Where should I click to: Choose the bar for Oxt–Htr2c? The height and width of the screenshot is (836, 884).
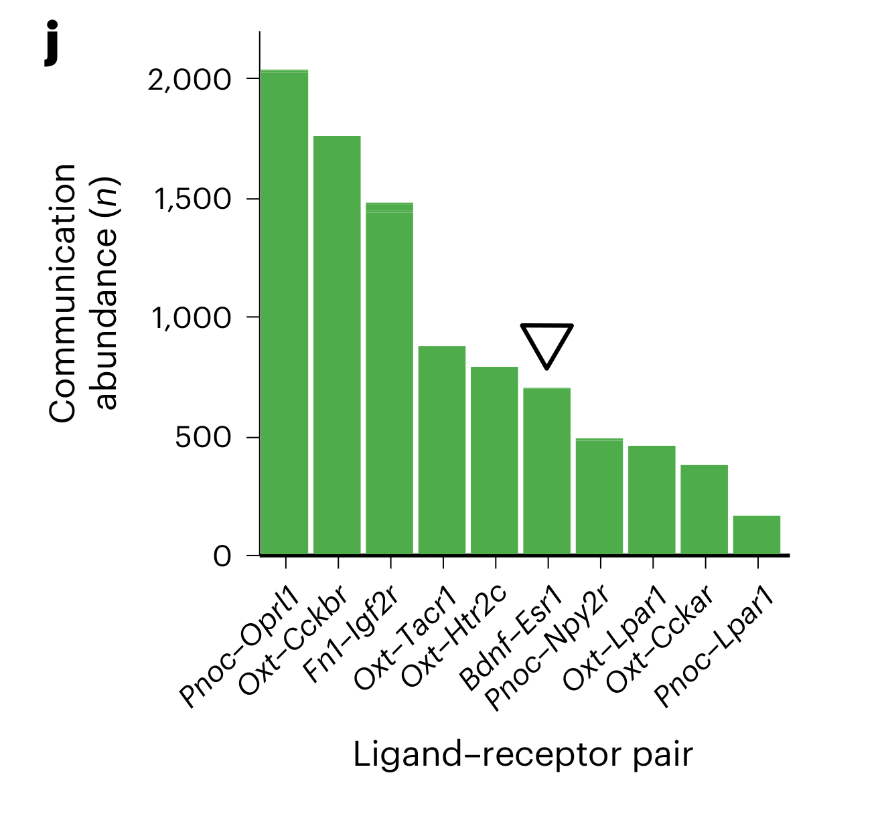[x=494, y=461]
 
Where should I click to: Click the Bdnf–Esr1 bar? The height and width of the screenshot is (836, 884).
[x=546, y=471]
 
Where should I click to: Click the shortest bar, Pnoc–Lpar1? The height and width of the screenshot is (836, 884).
[x=757, y=535]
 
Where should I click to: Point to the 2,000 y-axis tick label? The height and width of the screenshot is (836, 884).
[x=190, y=80]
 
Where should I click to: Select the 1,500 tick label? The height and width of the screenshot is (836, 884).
[x=192, y=199]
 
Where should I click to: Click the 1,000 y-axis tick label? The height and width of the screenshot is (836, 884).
[x=190, y=318]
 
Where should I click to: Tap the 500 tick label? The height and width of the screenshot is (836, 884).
[x=203, y=438]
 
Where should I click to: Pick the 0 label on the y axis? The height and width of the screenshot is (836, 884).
[x=222, y=556]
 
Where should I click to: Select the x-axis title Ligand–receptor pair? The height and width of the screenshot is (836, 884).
[x=522, y=755]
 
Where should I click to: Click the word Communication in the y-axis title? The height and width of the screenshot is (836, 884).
[x=63, y=293]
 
